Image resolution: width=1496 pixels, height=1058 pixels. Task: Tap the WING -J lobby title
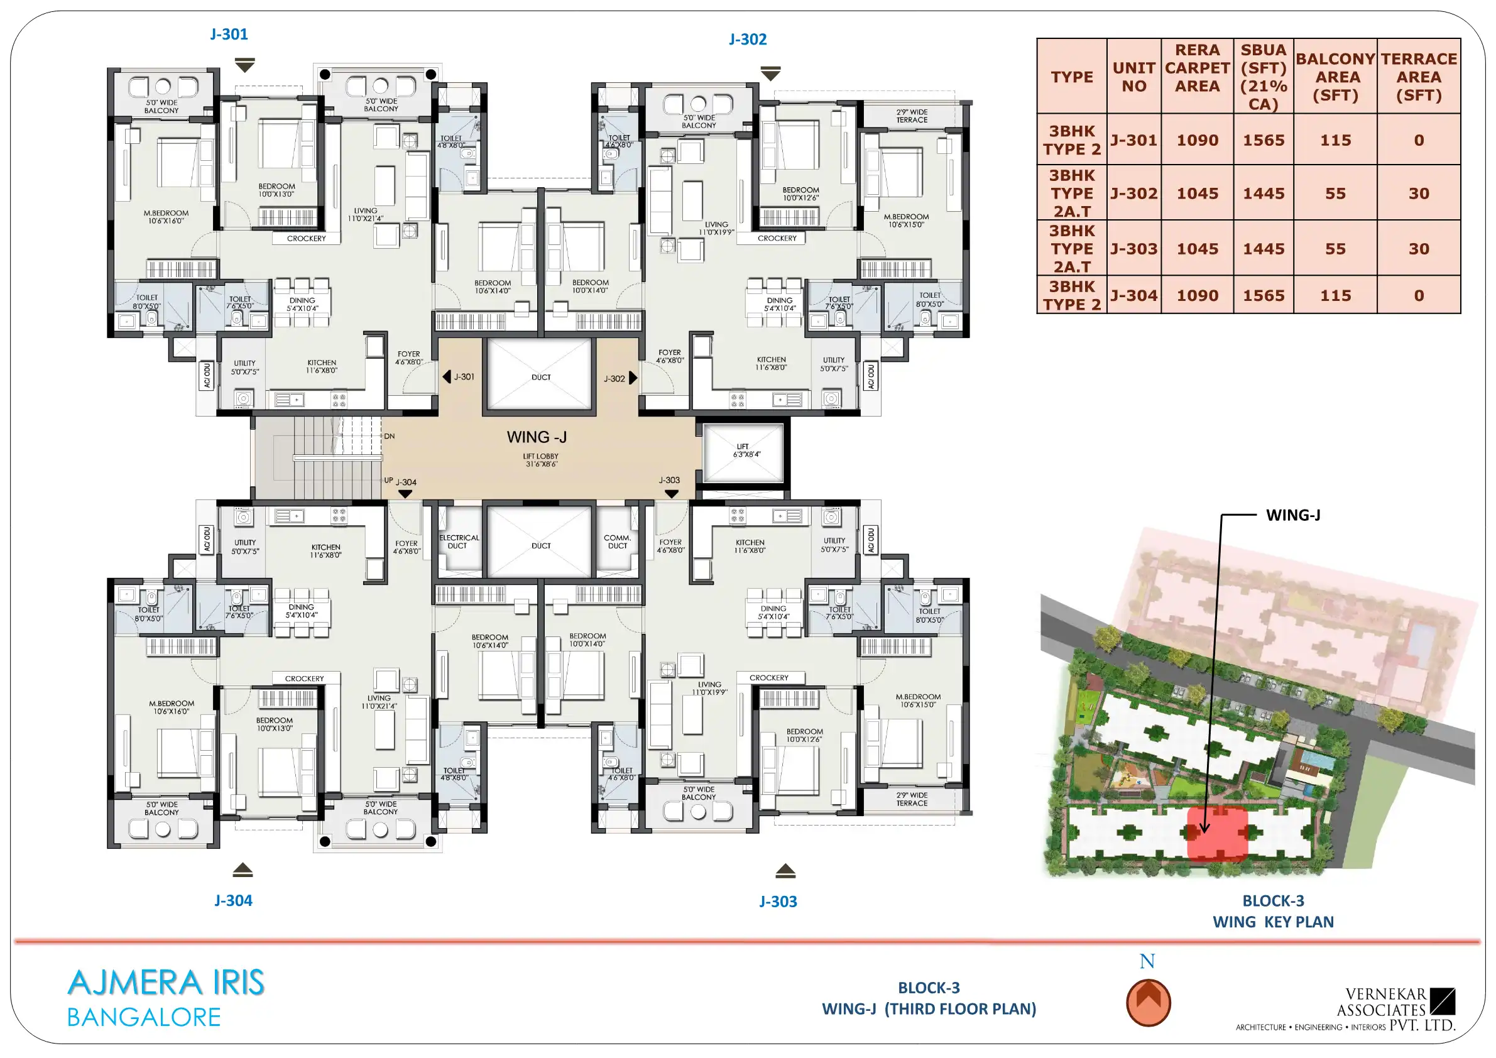[537, 437]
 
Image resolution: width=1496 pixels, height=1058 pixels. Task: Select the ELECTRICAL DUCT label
[459, 542]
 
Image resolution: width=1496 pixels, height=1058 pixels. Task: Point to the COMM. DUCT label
[617, 542]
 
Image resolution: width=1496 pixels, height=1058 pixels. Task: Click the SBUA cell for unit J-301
[1264, 140]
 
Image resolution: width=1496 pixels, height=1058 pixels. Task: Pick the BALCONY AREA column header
[1335, 77]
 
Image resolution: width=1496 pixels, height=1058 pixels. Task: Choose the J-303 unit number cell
[1133, 249]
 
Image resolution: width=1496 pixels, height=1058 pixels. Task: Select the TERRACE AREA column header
[1419, 77]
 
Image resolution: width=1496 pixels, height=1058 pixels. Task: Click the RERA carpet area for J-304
[1197, 296]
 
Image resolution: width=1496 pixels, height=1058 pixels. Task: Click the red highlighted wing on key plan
[1217, 833]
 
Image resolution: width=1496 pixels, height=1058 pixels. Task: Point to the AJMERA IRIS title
[166, 983]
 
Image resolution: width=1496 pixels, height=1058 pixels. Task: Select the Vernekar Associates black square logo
[1443, 1001]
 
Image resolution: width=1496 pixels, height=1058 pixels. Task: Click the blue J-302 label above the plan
[747, 39]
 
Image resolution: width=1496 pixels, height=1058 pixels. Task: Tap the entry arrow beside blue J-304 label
[243, 870]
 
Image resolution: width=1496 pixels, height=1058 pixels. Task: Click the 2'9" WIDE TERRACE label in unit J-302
[912, 116]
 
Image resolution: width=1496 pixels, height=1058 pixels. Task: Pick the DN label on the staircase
[389, 436]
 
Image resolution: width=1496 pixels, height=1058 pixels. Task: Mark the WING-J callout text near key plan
[1292, 515]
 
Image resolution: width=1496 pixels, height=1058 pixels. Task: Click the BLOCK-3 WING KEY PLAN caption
[1273, 912]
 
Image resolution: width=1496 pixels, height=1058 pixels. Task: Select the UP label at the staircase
[388, 480]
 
